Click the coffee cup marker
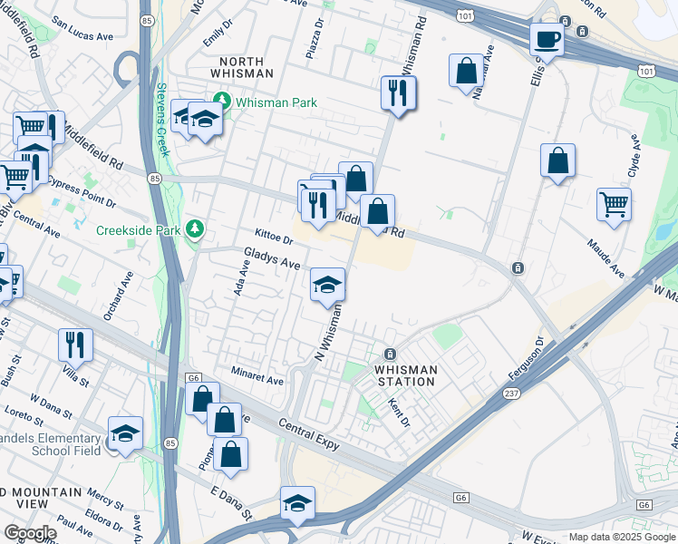(x=547, y=39)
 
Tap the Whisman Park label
(x=276, y=102)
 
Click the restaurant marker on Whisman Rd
(x=399, y=92)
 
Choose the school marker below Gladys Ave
(x=327, y=286)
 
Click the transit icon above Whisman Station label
(x=390, y=354)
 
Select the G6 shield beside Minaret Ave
(x=193, y=377)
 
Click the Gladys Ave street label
(x=272, y=257)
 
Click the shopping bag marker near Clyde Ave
(x=557, y=160)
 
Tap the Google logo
(x=30, y=533)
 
